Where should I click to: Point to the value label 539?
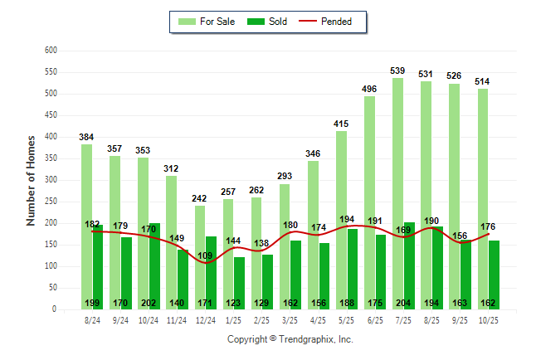(x=397, y=70)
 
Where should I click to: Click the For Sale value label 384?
(x=86, y=136)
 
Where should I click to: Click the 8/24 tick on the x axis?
(x=92, y=319)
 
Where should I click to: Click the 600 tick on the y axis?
(x=51, y=51)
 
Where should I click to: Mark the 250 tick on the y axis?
(x=51, y=202)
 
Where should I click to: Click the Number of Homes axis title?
(x=31, y=180)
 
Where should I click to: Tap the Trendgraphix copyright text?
(x=290, y=339)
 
